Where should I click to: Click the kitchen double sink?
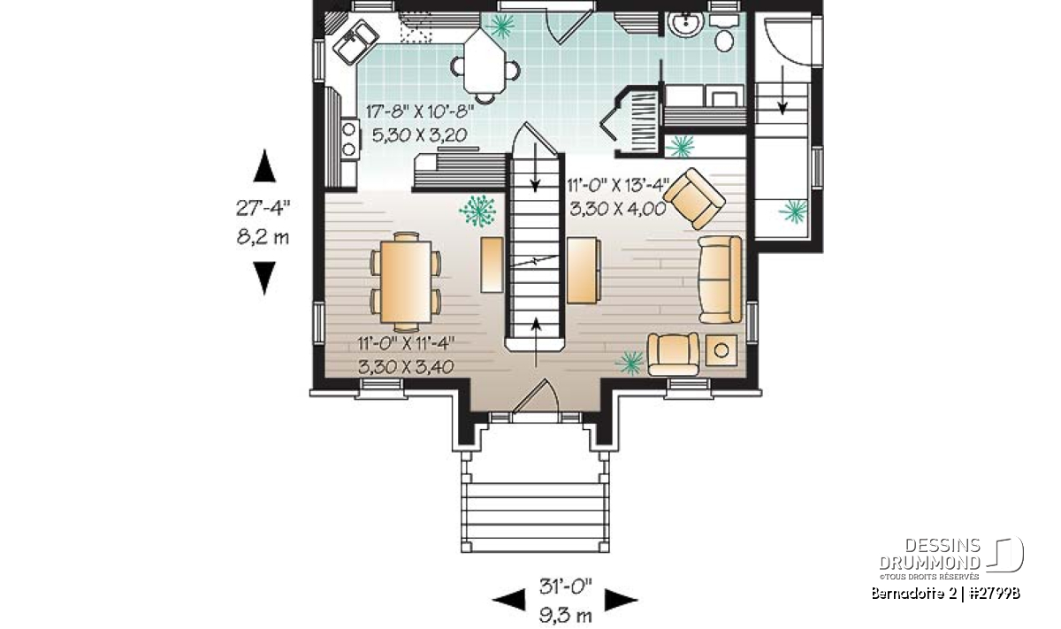pos(355,42)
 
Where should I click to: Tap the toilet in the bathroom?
pos(724,35)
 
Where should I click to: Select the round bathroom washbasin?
pos(685,24)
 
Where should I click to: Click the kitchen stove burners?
pos(349,140)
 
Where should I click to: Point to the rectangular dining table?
pos(406,281)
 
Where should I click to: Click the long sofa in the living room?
pos(720,280)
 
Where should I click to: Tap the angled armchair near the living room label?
pos(694,198)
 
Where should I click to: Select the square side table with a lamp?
pos(721,350)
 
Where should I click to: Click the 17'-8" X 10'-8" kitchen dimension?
pos(420,111)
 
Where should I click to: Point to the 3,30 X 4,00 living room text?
pos(618,209)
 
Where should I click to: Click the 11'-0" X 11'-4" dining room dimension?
pos(406,342)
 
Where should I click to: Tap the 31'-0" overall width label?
pos(566,587)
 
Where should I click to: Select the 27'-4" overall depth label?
pos(263,208)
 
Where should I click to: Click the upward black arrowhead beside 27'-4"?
pos(264,166)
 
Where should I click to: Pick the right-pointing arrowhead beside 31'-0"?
pos(621,600)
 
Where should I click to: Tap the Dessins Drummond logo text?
pos(930,554)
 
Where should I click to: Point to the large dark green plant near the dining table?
pos(477,211)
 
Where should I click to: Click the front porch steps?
pos(535,517)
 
